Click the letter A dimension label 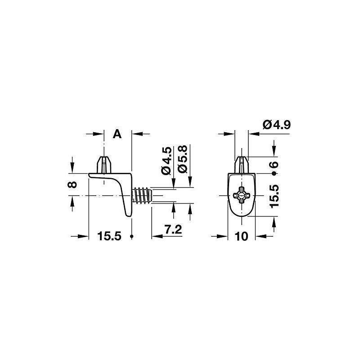point(117,134)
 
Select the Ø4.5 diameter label point(166,161)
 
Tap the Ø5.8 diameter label point(183,159)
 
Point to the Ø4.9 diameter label point(277,125)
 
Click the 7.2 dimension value point(173,229)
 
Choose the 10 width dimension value point(242,236)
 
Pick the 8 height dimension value point(73,184)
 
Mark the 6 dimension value point(274,165)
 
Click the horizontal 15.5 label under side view point(109,236)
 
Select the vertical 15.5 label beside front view point(274,196)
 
